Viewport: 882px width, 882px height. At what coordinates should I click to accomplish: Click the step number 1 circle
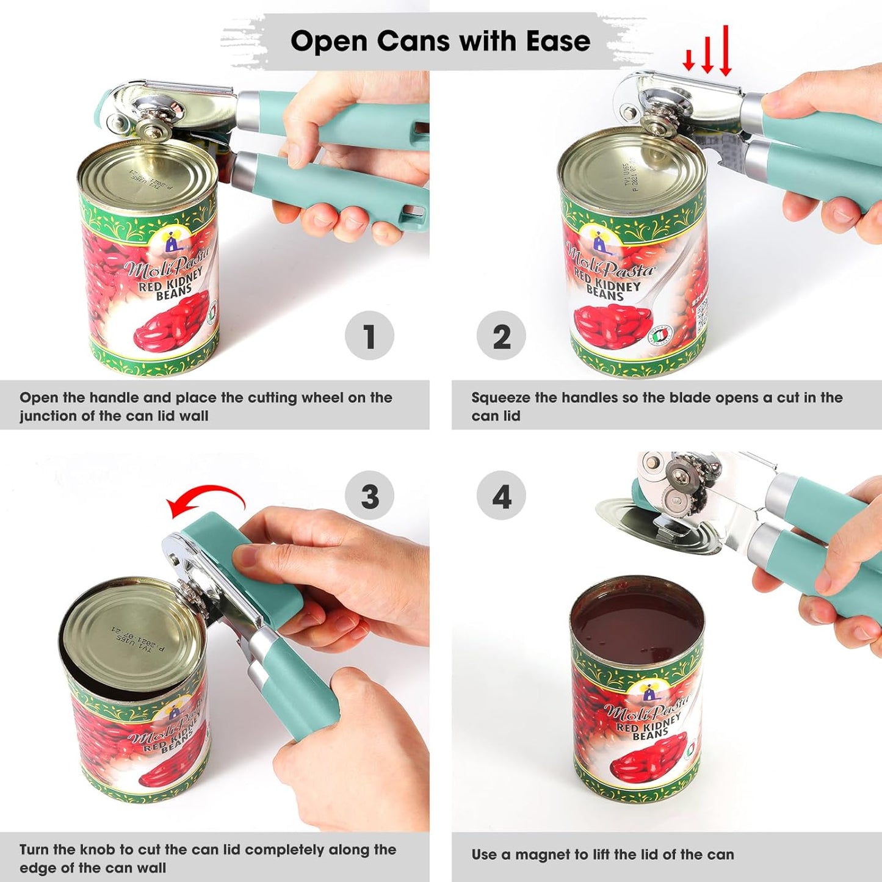pyautogui.click(x=369, y=336)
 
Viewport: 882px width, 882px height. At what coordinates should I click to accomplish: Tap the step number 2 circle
pyautogui.click(x=501, y=336)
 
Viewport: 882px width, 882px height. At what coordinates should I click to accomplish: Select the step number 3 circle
pyautogui.click(x=369, y=496)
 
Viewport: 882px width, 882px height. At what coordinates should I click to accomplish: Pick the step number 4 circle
pyautogui.click(x=501, y=496)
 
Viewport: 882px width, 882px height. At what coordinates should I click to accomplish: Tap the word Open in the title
pyautogui.click(x=330, y=42)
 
